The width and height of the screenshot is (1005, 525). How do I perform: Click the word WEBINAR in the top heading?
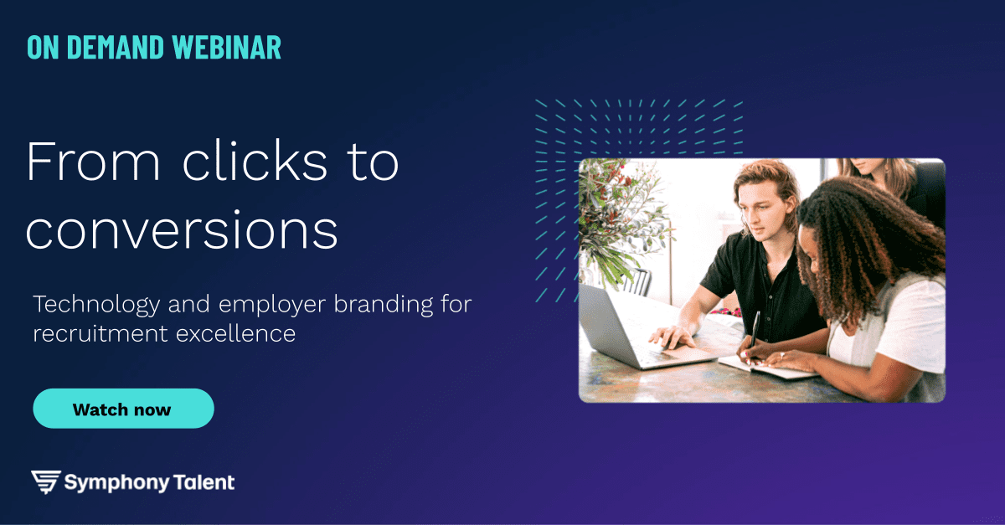tap(227, 47)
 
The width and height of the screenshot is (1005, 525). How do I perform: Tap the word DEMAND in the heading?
tap(116, 47)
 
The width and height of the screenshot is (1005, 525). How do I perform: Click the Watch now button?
tap(123, 409)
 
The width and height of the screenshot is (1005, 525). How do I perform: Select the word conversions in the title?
tap(182, 230)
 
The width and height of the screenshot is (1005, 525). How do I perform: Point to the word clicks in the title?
tap(255, 160)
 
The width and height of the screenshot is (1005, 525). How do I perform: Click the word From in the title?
tap(93, 162)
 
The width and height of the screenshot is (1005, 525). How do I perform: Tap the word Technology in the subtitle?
tap(96, 305)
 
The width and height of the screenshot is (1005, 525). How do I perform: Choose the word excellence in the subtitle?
tap(235, 333)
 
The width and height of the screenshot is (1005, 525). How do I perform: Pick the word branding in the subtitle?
tap(384, 305)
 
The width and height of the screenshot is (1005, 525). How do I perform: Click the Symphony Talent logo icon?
tap(46, 482)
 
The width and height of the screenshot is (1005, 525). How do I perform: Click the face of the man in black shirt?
tap(765, 208)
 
